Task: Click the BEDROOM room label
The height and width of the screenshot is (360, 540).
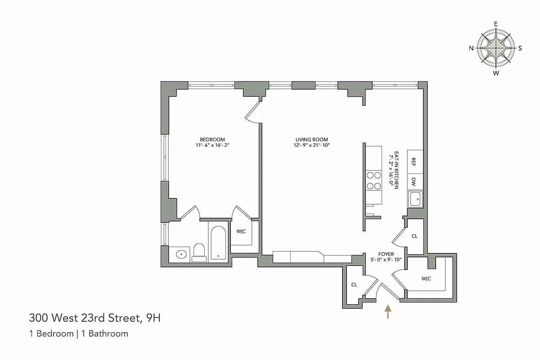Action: [212, 139]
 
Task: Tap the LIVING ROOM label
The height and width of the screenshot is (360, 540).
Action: [311, 139]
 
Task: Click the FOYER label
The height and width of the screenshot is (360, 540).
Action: [386, 254]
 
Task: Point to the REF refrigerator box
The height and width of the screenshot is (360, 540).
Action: [414, 162]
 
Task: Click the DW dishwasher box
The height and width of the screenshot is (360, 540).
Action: [414, 182]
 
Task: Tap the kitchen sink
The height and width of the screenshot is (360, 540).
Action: [414, 198]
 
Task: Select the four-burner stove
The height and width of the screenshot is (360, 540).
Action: [373, 180]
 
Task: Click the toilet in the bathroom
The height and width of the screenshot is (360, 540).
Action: [199, 253]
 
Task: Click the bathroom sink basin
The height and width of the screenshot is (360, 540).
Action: [181, 254]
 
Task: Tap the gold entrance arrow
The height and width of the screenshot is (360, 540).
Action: [388, 311]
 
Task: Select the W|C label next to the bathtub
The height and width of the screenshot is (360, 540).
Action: [241, 232]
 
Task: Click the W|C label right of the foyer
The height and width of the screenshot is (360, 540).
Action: [426, 279]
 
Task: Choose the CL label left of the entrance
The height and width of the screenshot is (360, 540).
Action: [354, 284]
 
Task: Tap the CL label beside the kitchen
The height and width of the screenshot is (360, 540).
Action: [414, 236]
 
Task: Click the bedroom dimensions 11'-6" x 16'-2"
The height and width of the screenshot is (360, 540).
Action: [212, 145]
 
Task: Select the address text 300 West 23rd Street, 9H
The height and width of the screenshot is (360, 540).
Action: [94, 319]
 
